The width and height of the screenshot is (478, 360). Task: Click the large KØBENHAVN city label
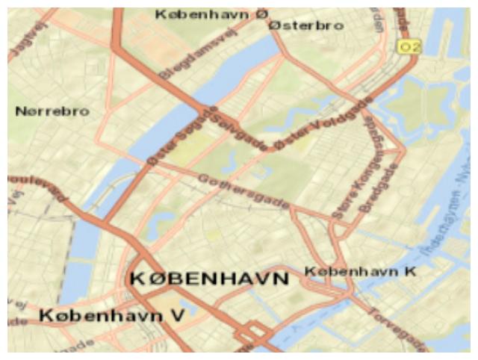point(209,279)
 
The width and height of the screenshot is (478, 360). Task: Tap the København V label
point(112,316)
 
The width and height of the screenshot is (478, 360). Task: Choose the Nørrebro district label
point(52,111)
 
